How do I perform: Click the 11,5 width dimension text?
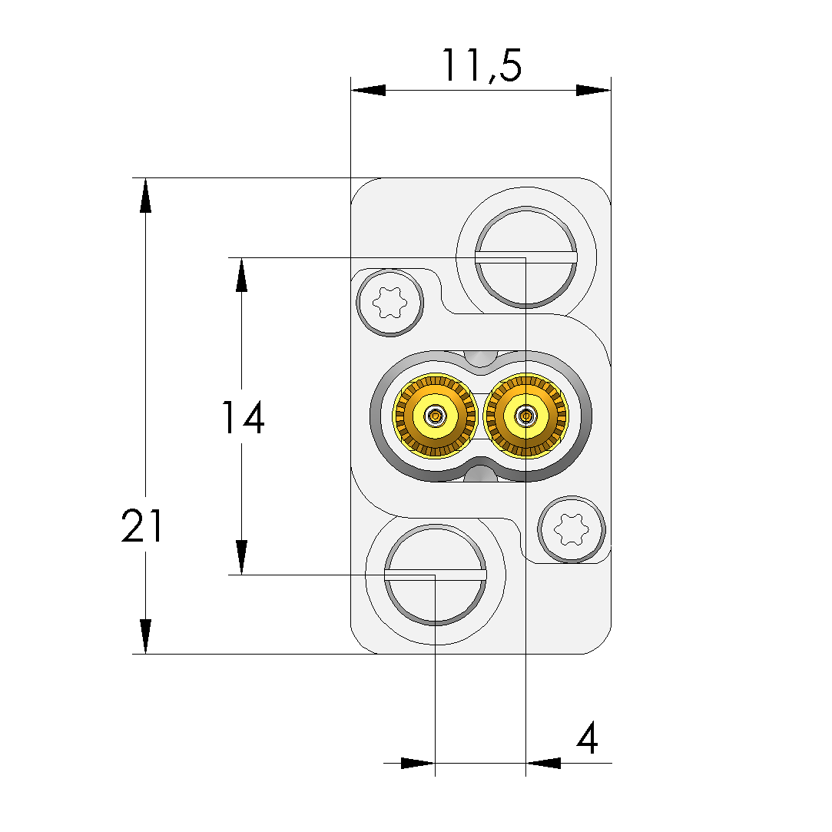(x=482, y=66)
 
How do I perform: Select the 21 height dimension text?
(x=142, y=525)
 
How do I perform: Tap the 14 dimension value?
(x=243, y=418)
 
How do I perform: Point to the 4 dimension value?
(x=588, y=738)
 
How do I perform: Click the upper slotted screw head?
(x=525, y=257)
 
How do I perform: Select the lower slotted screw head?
(x=435, y=575)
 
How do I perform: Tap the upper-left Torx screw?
(x=390, y=303)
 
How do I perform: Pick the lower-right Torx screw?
(x=572, y=529)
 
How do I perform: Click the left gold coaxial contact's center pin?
(x=436, y=416)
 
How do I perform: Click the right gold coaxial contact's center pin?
(x=525, y=416)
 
